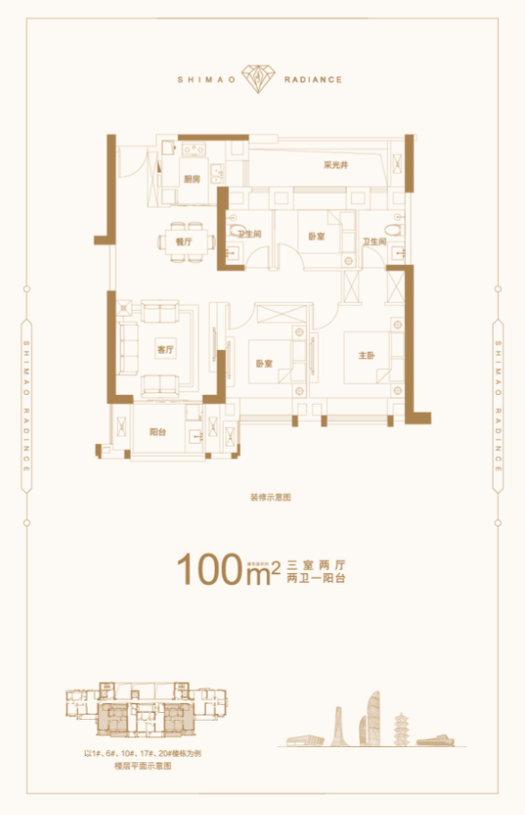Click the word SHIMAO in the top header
point(209,79)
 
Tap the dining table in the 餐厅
point(186,239)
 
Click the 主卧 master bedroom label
point(366,356)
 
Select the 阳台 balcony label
point(158,432)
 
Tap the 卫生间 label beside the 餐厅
point(249,235)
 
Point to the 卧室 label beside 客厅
point(262,365)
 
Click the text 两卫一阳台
point(316,579)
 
